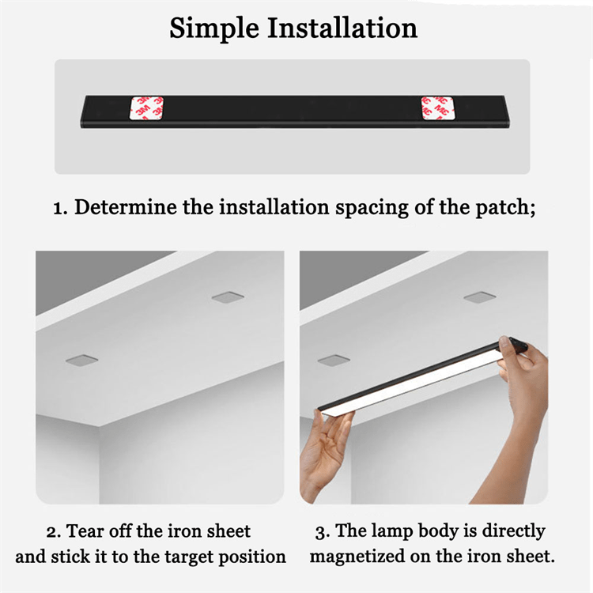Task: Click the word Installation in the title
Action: [342, 28]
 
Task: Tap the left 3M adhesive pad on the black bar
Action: [147, 108]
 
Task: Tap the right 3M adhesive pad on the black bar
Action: [438, 108]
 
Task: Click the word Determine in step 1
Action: [126, 207]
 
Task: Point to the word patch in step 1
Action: [505, 208]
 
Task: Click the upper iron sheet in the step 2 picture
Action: [228, 297]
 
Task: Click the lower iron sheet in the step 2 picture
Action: [81, 361]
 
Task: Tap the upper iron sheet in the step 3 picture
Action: [480, 297]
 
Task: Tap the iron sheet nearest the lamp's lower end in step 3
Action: [334, 360]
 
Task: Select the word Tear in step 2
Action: [85, 531]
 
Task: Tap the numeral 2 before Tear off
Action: [51, 532]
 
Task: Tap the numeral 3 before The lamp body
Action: [320, 533]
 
